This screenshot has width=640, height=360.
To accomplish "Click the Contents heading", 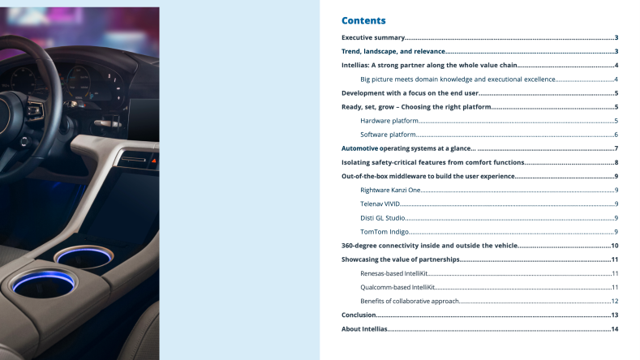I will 363,20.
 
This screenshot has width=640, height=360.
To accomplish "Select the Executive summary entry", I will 372,37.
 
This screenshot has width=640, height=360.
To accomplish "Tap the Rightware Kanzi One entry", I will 391,190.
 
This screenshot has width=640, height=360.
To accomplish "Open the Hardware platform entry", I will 389,121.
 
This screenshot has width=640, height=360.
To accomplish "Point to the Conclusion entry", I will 359,315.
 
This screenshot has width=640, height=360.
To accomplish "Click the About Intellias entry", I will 364,329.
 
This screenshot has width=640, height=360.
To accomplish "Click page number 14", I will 615,329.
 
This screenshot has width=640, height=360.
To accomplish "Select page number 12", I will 615,301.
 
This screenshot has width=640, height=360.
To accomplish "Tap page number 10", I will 615,246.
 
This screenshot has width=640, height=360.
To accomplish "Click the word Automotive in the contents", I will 359,148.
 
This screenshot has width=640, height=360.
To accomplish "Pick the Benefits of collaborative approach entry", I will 410,301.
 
